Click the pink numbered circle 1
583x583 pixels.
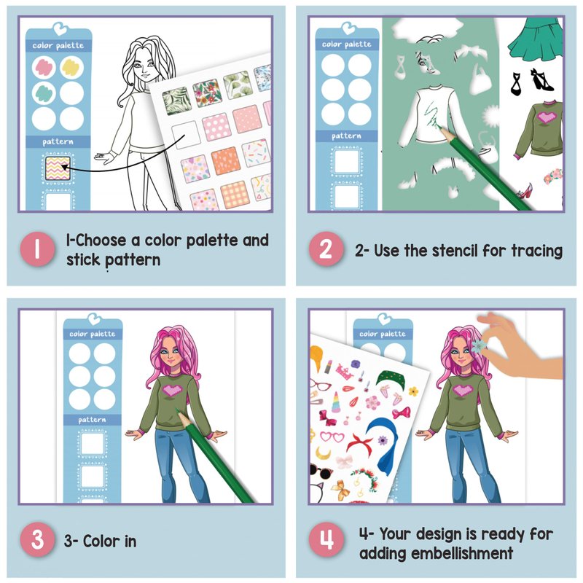[x=38, y=249]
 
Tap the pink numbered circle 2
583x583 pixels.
[x=326, y=249]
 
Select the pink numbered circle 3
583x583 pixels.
[x=38, y=539]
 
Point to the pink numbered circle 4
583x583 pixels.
[x=326, y=539]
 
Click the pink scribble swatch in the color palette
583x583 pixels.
[x=44, y=67]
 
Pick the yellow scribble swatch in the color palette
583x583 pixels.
[x=71, y=67]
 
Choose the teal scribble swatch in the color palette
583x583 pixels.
[x=44, y=93]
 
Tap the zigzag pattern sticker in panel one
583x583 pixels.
[x=58, y=168]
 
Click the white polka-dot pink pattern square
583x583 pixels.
[x=216, y=126]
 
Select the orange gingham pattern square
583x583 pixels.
[x=234, y=195]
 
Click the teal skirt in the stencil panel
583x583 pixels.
[x=536, y=40]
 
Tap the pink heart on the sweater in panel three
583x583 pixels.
[x=172, y=390]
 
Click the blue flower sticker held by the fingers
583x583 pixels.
[x=479, y=345]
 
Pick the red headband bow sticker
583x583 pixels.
[x=361, y=445]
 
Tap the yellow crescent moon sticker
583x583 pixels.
[x=323, y=453]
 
